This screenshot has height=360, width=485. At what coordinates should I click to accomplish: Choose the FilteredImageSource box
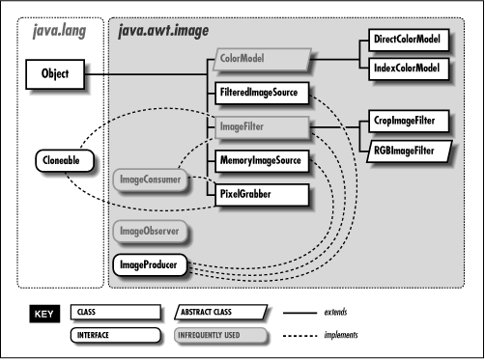click(257, 95)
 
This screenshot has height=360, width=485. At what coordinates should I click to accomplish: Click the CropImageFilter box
click(410, 125)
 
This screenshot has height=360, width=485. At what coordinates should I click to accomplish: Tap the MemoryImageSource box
click(257, 162)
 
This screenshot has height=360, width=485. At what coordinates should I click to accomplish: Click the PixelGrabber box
click(257, 193)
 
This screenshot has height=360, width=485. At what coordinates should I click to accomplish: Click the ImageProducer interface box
click(151, 263)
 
